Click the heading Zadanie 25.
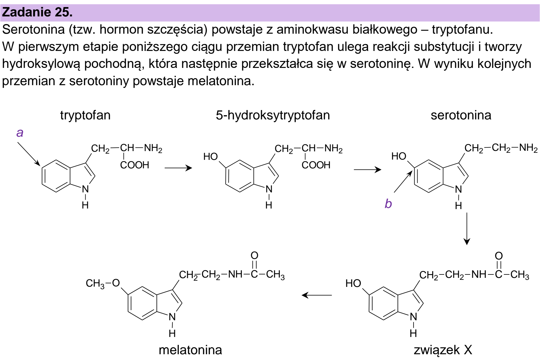click(x=37, y=12)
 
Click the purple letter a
click(x=20, y=132)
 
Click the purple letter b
click(x=388, y=203)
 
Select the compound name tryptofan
click(x=85, y=115)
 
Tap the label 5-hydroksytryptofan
click(x=273, y=115)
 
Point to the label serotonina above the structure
click(x=461, y=115)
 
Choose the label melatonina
click(x=190, y=350)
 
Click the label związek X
click(x=443, y=350)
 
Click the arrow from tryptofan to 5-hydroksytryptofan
click(x=178, y=168)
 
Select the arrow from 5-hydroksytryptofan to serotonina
click(x=368, y=170)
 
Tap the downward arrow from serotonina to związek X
click(x=467, y=229)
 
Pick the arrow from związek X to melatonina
click(x=317, y=295)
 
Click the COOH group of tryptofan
click(x=135, y=165)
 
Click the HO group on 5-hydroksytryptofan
click(x=211, y=156)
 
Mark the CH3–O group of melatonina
click(x=103, y=283)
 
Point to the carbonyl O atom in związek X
click(x=499, y=256)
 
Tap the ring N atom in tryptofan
click(x=85, y=189)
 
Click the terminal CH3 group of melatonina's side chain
click(x=275, y=275)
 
